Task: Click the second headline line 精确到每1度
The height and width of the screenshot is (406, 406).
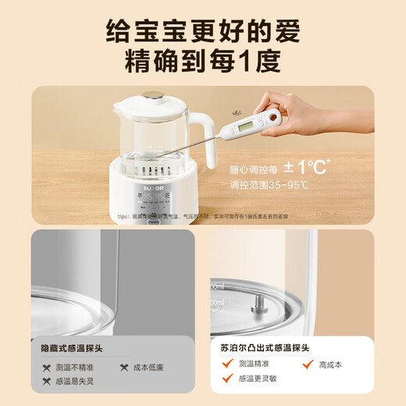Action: click(203, 62)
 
